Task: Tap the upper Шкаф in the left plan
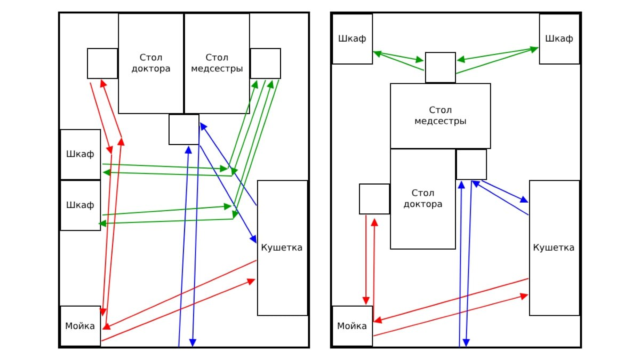click(81, 154)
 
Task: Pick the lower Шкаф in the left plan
click(81, 205)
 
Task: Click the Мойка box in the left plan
click(81, 326)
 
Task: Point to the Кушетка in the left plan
click(282, 248)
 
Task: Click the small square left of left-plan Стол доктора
click(102, 63)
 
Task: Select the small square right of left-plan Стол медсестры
click(266, 63)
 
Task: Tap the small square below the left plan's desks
click(184, 129)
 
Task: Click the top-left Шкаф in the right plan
click(352, 39)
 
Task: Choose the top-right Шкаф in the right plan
click(559, 39)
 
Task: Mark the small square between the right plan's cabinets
click(441, 67)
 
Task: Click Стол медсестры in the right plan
click(441, 116)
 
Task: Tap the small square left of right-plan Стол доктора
click(374, 199)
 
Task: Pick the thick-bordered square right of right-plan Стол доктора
click(471, 164)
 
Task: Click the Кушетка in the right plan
click(554, 248)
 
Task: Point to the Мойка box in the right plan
click(353, 326)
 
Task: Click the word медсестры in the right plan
click(441, 122)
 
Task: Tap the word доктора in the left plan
click(151, 69)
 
